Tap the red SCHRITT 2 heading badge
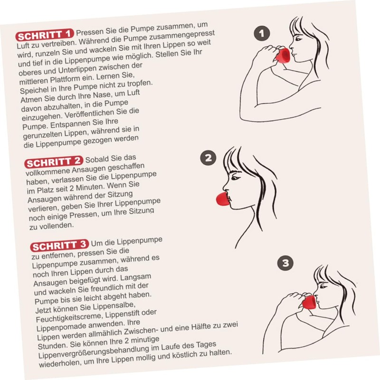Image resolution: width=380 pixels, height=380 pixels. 54,162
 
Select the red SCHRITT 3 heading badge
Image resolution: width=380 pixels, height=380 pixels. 59,247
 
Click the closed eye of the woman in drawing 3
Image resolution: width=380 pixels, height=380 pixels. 323,287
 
